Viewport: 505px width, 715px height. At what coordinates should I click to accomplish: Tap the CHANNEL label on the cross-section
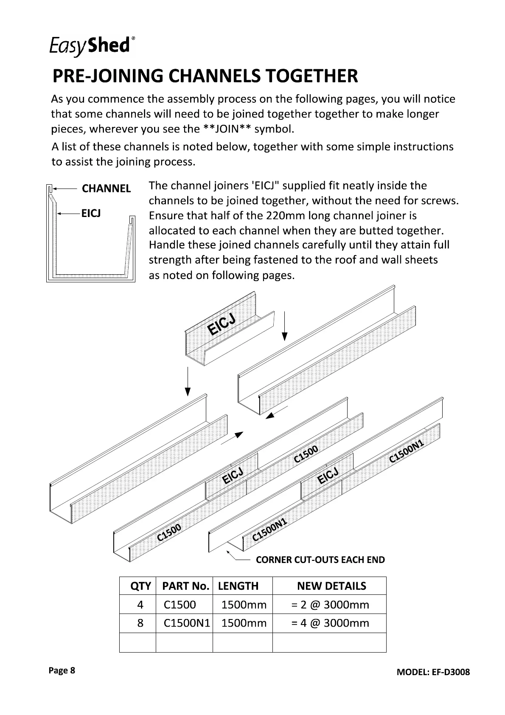coord(106,189)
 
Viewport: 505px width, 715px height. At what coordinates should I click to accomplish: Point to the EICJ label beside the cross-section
coord(91,213)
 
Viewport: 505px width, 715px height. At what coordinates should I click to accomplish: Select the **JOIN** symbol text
coord(227,129)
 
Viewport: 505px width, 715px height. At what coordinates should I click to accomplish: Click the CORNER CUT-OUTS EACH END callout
coord(320,560)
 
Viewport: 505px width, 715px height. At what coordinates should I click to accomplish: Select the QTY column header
coord(140,586)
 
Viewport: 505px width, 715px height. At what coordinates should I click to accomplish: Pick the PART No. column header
coord(185,586)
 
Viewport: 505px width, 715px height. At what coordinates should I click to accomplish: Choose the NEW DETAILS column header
coord(331,586)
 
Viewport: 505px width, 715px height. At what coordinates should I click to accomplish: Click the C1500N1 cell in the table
coord(187,623)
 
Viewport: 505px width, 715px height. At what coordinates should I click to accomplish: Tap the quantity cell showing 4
coord(140,605)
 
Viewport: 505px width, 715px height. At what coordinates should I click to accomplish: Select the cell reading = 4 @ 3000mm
coord(330,623)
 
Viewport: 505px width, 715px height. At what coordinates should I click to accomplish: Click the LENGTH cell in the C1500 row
coord(244,605)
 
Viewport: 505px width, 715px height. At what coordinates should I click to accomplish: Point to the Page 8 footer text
coord(62,670)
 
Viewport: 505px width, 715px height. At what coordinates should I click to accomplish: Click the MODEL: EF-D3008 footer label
coord(433,672)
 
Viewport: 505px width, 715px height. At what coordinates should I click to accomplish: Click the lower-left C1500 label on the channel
coord(169,532)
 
